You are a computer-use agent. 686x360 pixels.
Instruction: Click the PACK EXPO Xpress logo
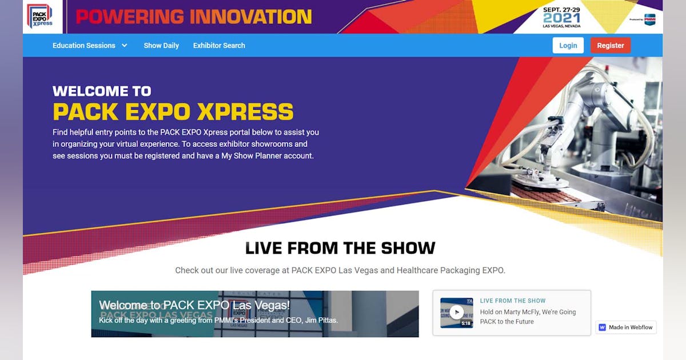pyautogui.click(x=39, y=16)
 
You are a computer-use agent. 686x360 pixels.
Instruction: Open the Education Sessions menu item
pyautogui.click(x=84, y=46)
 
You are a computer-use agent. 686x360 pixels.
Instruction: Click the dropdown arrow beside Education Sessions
pyautogui.click(x=125, y=46)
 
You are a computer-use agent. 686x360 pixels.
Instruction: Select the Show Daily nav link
pyautogui.click(x=161, y=46)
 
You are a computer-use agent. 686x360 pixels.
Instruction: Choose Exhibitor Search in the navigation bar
pyautogui.click(x=219, y=46)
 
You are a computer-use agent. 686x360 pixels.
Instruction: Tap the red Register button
pyautogui.click(x=610, y=46)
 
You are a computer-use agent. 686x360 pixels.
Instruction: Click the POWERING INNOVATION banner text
pyautogui.click(x=194, y=17)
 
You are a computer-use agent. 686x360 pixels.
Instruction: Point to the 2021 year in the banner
pyautogui.click(x=561, y=18)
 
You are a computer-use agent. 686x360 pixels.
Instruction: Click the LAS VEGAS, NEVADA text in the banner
pyautogui.click(x=561, y=26)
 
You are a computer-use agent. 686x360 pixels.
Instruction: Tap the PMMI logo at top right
pyautogui.click(x=649, y=19)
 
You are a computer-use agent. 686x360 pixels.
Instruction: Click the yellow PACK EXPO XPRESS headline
pyautogui.click(x=173, y=111)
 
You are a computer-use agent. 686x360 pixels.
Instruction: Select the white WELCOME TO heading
pyautogui.click(x=102, y=91)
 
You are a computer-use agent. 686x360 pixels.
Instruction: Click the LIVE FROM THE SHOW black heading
pyautogui.click(x=340, y=248)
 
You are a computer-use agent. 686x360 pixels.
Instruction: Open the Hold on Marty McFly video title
pyautogui.click(x=528, y=317)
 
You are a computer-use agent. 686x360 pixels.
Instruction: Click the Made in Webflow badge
pyautogui.click(x=626, y=327)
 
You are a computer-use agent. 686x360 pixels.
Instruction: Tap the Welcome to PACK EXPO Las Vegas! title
pyautogui.click(x=194, y=305)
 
